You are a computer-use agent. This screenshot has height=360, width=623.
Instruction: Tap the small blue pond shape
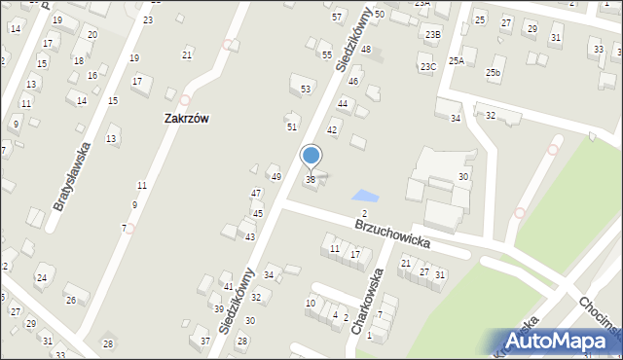(x=364, y=197)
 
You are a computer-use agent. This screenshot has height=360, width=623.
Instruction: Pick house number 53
(x=306, y=90)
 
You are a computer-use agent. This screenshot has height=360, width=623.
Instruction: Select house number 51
(x=291, y=127)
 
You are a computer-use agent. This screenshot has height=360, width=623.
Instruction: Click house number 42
(x=332, y=130)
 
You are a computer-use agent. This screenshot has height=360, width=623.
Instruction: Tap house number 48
(x=366, y=49)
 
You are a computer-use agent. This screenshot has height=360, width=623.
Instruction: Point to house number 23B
(x=433, y=35)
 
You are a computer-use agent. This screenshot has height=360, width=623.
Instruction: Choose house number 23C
(x=428, y=67)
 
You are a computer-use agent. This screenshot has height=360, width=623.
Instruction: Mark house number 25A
(x=457, y=60)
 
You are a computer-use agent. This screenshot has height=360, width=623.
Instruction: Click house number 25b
(x=495, y=73)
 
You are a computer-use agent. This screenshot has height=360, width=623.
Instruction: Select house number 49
(x=275, y=177)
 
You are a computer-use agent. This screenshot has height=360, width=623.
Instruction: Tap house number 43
(x=250, y=237)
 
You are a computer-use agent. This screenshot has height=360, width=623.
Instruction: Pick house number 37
(x=205, y=341)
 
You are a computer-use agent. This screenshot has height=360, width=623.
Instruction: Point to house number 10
(x=311, y=304)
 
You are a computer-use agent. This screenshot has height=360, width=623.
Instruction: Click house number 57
(x=337, y=18)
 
